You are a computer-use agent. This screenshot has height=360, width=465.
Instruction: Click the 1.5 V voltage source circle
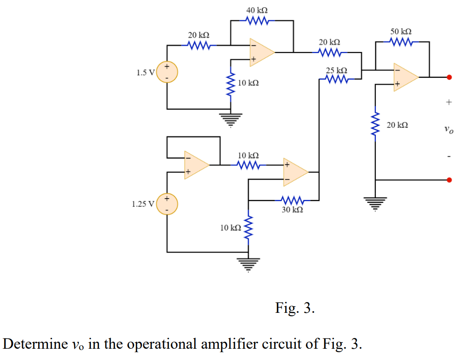coord(167,72)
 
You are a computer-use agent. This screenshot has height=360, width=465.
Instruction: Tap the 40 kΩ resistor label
coord(257,10)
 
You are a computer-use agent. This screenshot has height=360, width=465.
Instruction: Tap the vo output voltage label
coord(448,129)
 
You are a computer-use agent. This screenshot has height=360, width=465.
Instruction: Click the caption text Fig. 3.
coord(295,308)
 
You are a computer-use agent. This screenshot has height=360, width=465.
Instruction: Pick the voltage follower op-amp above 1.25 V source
coord(196,165)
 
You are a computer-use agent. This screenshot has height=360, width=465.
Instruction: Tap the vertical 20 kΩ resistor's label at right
coord(397,125)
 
